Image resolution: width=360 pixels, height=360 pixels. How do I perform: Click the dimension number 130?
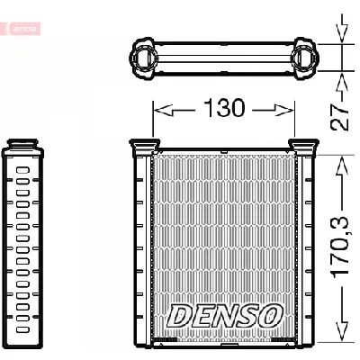(225, 109)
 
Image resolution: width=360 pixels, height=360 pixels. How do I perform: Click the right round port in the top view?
(304, 56)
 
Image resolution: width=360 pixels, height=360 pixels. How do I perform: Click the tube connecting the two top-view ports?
(225, 56)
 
